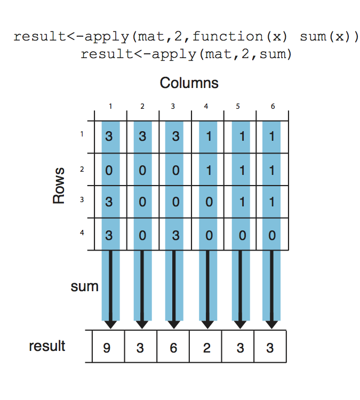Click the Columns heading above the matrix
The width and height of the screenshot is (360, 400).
tap(189, 83)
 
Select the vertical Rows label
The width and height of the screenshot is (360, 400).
tap(59, 185)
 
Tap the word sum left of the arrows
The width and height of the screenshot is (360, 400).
tap(84, 286)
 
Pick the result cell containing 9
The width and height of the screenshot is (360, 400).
tap(109, 348)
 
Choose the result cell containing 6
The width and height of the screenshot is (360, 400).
tap(174, 348)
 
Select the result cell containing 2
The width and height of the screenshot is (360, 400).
tap(206, 348)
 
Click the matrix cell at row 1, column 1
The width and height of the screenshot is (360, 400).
tap(109, 137)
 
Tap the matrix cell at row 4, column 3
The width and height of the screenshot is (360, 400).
tap(174, 234)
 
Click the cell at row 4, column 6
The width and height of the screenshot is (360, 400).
tap(272, 234)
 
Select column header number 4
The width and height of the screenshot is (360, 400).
tap(206, 106)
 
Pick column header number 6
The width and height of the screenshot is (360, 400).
tap(272, 106)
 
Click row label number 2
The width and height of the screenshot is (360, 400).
tap(82, 169)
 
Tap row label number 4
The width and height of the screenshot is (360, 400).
tap(82, 233)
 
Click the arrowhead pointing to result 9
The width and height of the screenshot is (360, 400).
tap(110, 324)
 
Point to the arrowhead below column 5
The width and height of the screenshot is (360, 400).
tap(240, 324)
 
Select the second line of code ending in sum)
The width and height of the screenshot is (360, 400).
tap(186, 54)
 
